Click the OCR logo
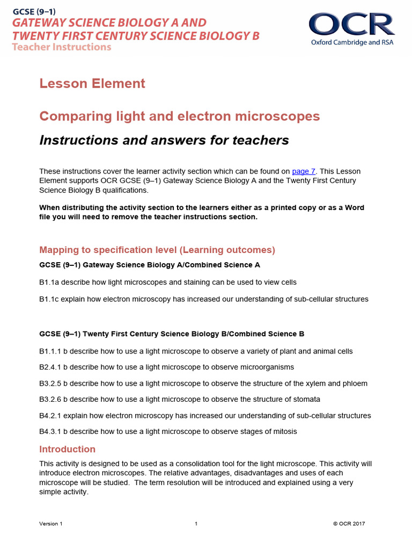351,25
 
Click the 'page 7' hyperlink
304,171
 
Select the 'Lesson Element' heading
92,83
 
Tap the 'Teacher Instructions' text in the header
62,47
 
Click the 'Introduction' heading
67,449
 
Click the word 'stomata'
305,400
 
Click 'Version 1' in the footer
51,524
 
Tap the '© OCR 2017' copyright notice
349,524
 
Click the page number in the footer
196,524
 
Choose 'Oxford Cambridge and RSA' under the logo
352,42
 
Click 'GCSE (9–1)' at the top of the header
33,11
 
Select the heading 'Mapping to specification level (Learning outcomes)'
157,250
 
